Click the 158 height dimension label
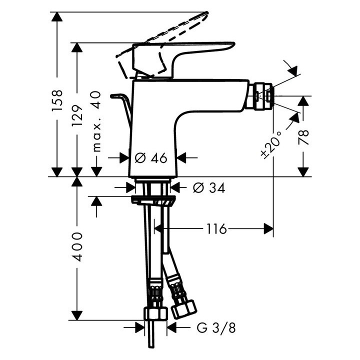tap(57, 100)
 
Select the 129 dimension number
tap(77, 116)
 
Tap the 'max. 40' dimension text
tap(96, 121)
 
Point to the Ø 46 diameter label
tap(151, 158)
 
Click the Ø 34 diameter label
tap(209, 188)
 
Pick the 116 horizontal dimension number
tap(216, 228)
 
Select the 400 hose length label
tap(77, 247)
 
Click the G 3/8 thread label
tap(216, 328)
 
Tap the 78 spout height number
tap(303, 137)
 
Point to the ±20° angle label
tap(271, 145)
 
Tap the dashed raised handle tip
tap(207, 13)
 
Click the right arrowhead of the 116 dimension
tap(268, 228)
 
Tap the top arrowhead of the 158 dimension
tap(57, 17)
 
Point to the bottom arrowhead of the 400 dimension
tap(77, 315)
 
